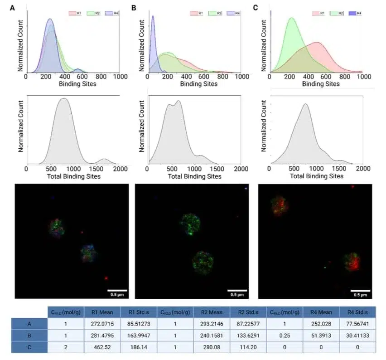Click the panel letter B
[134, 8]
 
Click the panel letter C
[256, 8]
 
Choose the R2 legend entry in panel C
[337, 14]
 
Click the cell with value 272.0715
[102, 323]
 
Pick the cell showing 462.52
[102, 347]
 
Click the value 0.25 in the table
[285, 335]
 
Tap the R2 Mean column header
[212, 312]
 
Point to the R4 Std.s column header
[358, 312]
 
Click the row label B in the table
[29, 335]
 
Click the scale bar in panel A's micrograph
[117, 290]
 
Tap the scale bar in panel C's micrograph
[361, 290]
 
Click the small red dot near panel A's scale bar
[106, 278]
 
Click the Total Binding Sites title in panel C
[316, 176]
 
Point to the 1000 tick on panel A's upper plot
[121, 77]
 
